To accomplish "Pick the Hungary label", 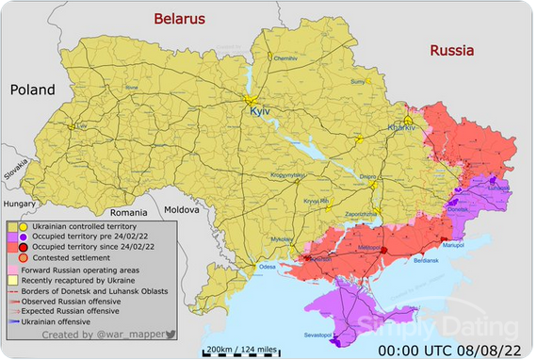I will click(x=18, y=203).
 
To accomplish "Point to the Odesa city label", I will click(x=268, y=267).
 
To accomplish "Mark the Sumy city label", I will click(x=357, y=82).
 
